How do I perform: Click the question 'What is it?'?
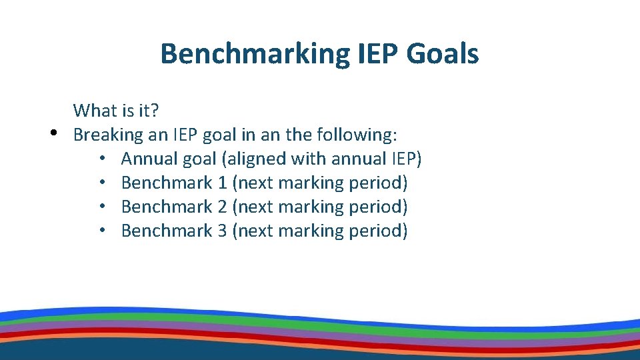click(116, 110)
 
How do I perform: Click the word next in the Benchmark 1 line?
click(255, 183)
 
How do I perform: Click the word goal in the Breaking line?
click(219, 135)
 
